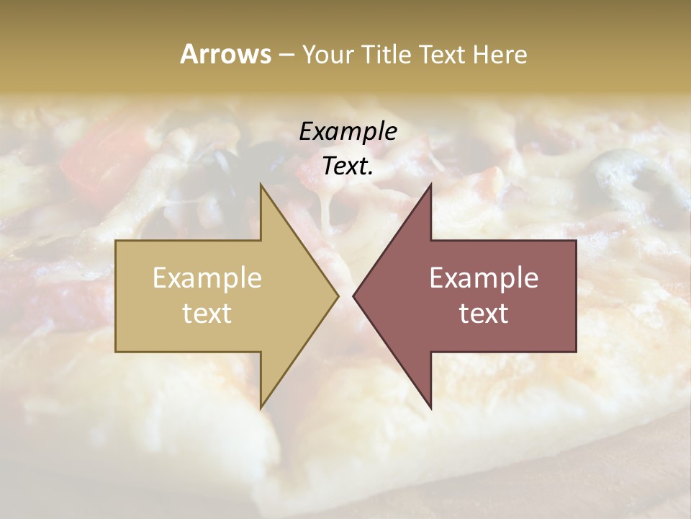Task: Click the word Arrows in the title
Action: (x=225, y=54)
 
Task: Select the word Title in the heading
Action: (x=388, y=55)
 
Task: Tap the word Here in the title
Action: (x=500, y=55)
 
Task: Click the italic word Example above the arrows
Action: (x=348, y=131)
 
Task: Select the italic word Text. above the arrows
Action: (x=348, y=166)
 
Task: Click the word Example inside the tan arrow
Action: (x=207, y=278)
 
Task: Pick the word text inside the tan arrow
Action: (x=207, y=313)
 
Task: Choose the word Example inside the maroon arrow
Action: (x=484, y=278)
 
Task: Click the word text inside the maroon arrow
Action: (x=484, y=313)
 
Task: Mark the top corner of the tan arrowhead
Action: (x=261, y=186)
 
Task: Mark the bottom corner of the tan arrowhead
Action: (x=261, y=407)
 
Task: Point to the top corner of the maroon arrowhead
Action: (x=430, y=186)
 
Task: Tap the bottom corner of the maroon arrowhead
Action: (x=430, y=407)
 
